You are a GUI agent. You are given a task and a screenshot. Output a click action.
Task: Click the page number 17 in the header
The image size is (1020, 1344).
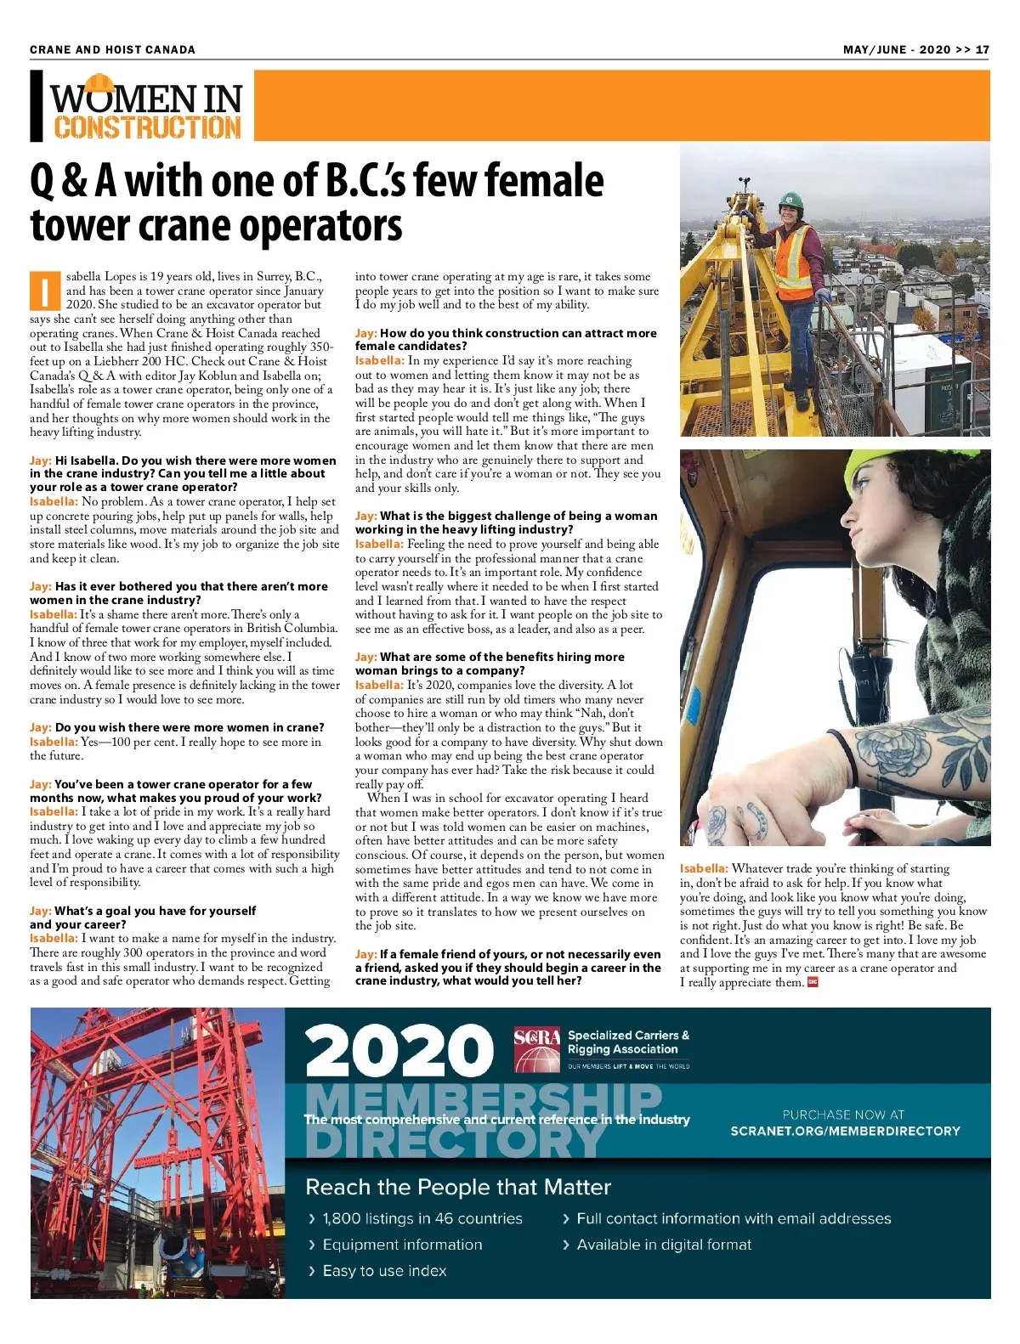point(982,49)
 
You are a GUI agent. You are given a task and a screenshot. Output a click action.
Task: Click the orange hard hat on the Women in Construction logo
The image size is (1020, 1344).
point(99,82)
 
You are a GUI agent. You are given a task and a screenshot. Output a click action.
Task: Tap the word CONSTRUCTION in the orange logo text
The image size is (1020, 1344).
point(148,127)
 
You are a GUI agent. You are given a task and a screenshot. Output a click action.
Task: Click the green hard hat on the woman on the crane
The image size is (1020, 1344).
point(790,201)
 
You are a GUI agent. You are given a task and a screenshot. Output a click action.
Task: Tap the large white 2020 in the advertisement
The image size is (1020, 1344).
point(399,1051)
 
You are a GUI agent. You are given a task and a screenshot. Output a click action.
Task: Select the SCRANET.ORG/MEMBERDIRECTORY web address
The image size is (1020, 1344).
point(845,1131)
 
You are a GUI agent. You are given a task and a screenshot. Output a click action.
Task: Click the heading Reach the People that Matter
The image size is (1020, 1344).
point(458,1187)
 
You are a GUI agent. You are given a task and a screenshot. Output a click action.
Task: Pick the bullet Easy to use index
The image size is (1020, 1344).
point(384,1271)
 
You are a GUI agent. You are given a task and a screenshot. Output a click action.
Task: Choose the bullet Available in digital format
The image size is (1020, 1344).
point(664,1245)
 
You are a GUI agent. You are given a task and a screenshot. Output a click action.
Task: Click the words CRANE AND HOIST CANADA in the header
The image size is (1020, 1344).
point(112,49)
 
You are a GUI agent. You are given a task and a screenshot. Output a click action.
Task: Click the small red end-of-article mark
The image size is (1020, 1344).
point(813,983)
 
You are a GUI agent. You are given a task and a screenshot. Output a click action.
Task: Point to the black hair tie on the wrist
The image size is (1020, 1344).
point(844,748)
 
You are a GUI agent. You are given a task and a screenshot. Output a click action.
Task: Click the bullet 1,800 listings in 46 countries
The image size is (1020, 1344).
point(422,1218)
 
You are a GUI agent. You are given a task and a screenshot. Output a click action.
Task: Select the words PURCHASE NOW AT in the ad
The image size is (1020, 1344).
point(843,1114)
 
